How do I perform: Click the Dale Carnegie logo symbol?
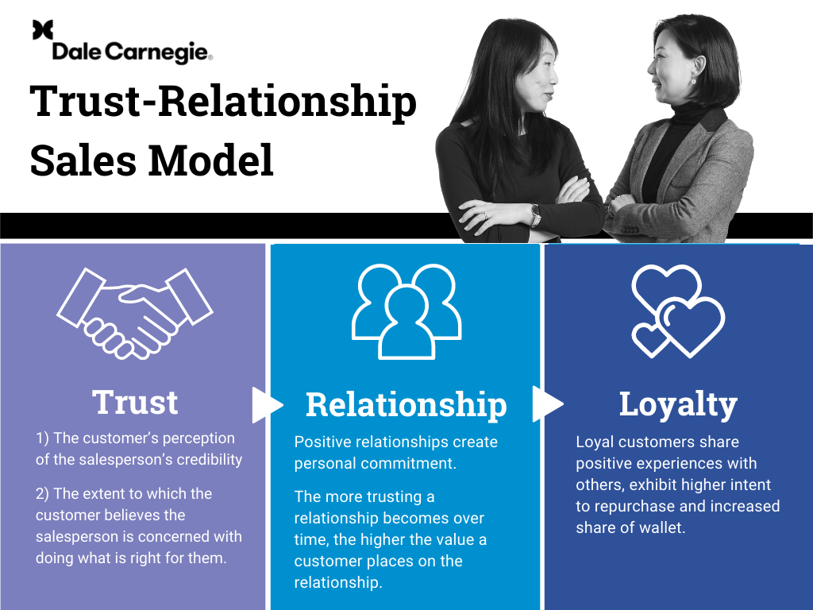pyautogui.click(x=43, y=30)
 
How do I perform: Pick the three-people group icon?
pyautogui.click(x=406, y=311)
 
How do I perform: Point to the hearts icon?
pyautogui.click(x=677, y=311)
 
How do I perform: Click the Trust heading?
pyautogui.click(x=135, y=402)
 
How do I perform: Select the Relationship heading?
pyautogui.click(x=406, y=404)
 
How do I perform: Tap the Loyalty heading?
pyautogui.click(x=678, y=404)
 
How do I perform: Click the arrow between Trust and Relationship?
pyautogui.click(x=265, y=405)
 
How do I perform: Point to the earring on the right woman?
pyautogui.click(x=692, y=81)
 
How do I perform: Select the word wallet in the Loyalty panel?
pyautogui.click(x=661, y=527)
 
